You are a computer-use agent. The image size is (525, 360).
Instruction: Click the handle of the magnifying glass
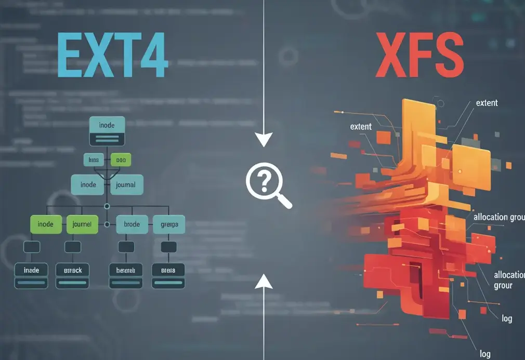click(x=284, y=200)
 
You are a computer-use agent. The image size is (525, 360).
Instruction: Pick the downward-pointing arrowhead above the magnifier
click(x=264, y=139)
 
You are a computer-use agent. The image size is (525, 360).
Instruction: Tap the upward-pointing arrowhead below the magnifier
click(x=264, y=281)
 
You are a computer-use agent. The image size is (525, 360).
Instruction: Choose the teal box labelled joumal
click(x=126, y=184)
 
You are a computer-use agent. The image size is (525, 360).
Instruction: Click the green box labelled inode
click(x=46, y=224)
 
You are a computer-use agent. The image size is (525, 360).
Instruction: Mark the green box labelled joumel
click(x=82, y=224)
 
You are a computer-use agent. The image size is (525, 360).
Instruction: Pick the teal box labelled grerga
click(x=169, y=224)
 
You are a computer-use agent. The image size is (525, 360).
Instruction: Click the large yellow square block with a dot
click(x=471, y=167)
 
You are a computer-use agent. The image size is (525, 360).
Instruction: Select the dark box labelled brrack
click(x=72, y=275)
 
